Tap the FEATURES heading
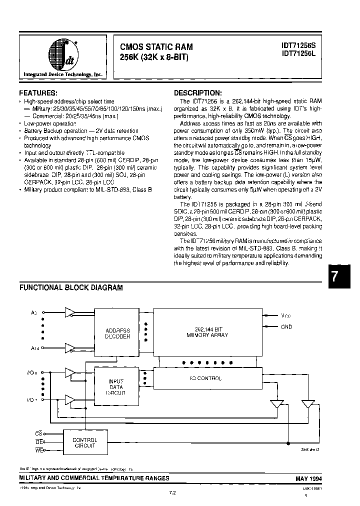click(38, 93)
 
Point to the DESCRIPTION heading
click(197, 93)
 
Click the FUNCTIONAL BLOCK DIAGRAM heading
click(71, 287)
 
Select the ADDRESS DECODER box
click(118, 333)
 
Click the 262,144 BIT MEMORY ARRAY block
click(207, 332)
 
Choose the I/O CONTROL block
click(207, 378)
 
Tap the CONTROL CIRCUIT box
click(84, 443)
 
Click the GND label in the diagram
click(287, 327)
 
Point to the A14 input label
click(34, 347)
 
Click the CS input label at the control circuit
click(38, 434)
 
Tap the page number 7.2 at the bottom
click(172, 492)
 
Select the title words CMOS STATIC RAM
click(156, 46)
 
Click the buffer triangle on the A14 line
click(69, 347)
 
